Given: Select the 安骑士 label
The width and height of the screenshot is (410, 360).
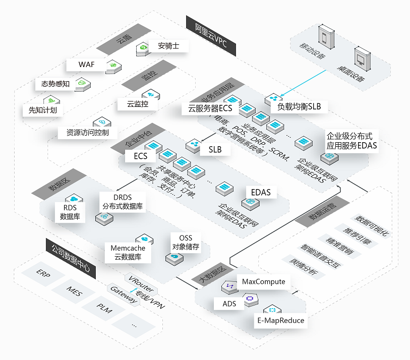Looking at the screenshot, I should click(165, 46).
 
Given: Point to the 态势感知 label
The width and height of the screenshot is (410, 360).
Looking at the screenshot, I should click(55, 84).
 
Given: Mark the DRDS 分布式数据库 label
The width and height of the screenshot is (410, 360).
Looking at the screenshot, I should click(123, 202).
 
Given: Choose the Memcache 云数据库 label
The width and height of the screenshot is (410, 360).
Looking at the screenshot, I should click(128, 253).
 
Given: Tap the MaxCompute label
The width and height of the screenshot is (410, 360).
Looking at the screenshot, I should click(263, 282).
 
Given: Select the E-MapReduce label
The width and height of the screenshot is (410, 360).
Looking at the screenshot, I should click(279, 320).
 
